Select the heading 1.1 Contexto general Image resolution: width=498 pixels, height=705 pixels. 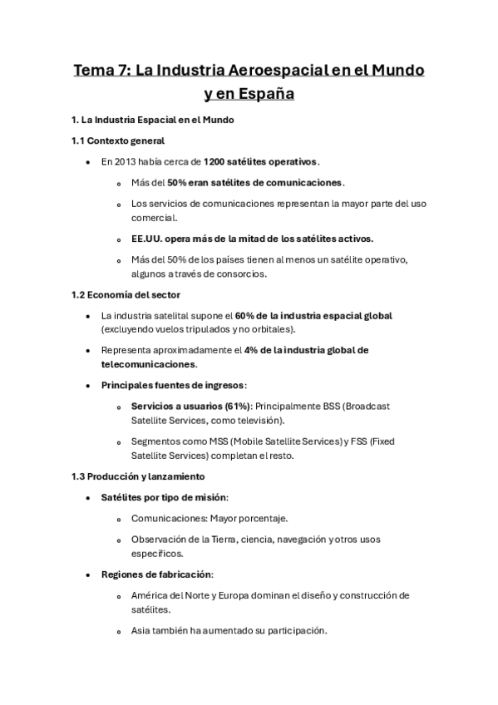[x=118, y=141]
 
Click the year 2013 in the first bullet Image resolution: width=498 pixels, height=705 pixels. [x=122, y=161]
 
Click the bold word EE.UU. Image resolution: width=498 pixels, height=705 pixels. [x=148, y=239]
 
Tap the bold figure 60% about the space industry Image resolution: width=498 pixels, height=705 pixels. [x=247, y=316]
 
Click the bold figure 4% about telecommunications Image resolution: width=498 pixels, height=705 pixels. [x=254, y=350]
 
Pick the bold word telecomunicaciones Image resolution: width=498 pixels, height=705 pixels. [x=148, y=364]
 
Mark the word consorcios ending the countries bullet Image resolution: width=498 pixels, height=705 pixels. [x=247, y=274]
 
